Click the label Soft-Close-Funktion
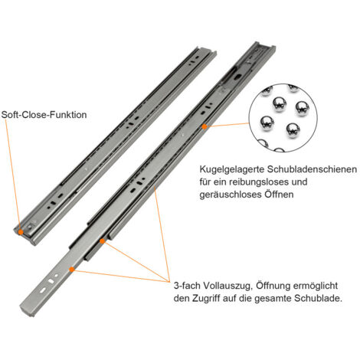tap(44, 114)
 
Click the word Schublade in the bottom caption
tap(322, 296)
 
